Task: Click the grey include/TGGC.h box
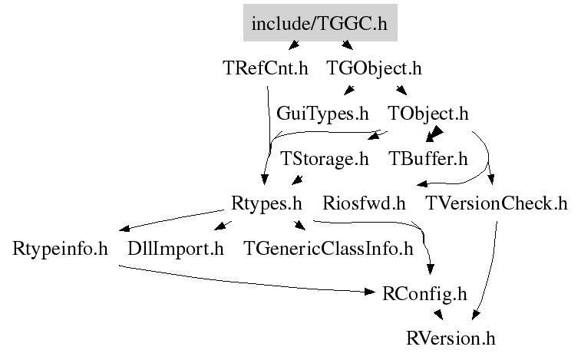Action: click(x=320, y=22)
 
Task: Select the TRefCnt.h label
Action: click(x=266, y=68)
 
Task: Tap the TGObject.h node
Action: click(x=374, y=69)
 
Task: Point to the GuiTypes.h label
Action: click(x=322, y=114)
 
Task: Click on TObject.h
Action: click(x=428, y=114)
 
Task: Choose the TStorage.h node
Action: click(x=324, y=159)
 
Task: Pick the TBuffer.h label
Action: click(x=428, y=159)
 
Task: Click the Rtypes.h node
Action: click(x=266, y=204)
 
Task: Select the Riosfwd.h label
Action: click(x=364, y=203)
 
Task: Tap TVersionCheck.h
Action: click(x=497, y=203)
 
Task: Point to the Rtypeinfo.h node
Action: click(x=60, y=249)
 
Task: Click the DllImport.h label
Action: click(x=176, y=249)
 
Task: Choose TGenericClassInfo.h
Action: click(x=328, y=249)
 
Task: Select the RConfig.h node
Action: click(x=424, y=295)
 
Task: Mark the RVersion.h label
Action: click(x=451, y=339)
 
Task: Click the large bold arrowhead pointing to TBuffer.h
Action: click(x=434, y=134)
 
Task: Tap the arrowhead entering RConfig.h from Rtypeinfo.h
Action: click(x=370, y=292)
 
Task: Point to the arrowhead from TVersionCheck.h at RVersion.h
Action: click(x=476, y=315)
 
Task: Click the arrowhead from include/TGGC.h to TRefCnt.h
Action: click(x=294, y=45)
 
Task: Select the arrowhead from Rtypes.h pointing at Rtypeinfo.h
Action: click(x=124, y=228)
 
